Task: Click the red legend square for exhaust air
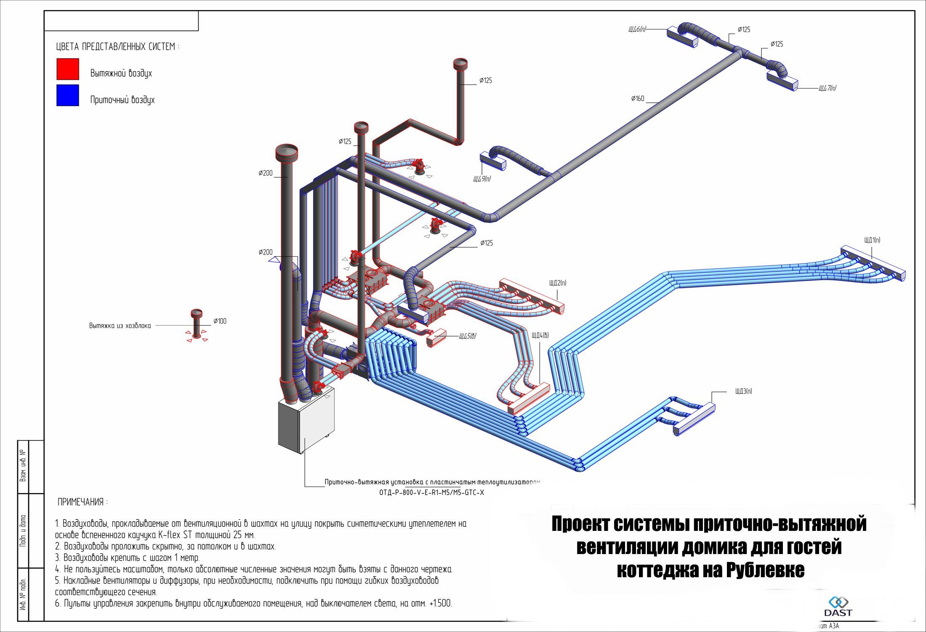point(68,69)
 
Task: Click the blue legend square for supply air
point(68,95)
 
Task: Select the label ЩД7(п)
point(827,88)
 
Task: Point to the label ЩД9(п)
point(482,179)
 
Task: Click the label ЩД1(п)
point(872,240)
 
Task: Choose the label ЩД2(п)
point(558,283)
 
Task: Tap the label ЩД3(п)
point(743,391)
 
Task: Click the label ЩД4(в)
point(540,335)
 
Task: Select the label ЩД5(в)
point(468,336)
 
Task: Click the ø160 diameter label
point(638,99)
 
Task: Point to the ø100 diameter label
point(220,321)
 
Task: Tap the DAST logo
point(838,606)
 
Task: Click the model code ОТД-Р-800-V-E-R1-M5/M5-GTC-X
point(431,493)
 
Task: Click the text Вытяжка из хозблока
point(120,326)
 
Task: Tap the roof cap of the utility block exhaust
point(197,313)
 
